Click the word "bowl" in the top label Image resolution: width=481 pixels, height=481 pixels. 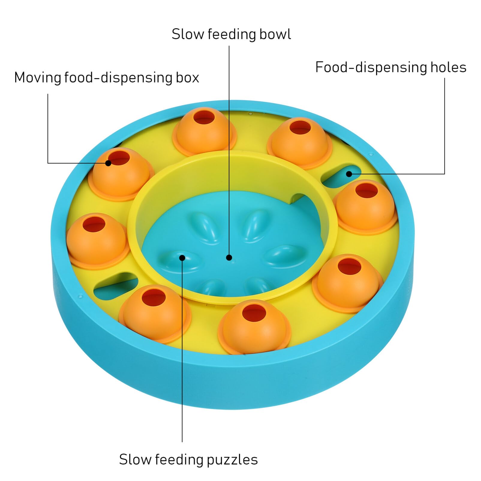[275, 34]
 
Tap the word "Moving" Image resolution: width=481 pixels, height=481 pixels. [37, 78]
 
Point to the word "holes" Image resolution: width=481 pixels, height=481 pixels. [448, 67]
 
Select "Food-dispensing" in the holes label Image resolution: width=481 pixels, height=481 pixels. [372, 67]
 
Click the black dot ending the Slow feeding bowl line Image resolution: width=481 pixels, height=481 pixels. [229, 257]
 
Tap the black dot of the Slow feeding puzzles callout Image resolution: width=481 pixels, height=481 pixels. [182, 258]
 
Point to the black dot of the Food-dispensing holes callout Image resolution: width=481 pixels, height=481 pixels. [349, 174]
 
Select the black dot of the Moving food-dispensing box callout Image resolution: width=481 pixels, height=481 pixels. [108, 163]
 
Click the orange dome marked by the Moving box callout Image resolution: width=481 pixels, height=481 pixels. [121, 174]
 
